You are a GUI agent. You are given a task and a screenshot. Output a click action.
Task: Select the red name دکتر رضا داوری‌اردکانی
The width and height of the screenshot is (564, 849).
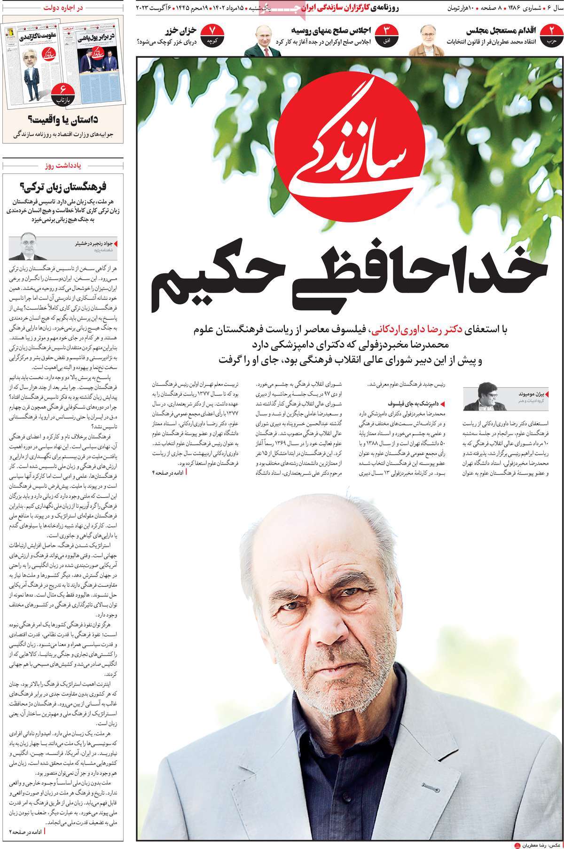(414, 330)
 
